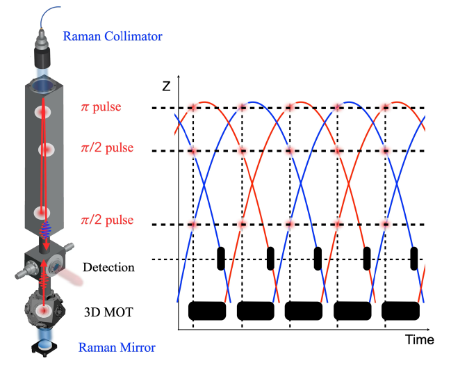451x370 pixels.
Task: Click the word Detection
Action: click(108, 267)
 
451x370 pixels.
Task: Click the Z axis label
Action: click(165, 86)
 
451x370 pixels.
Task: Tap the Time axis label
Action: click(420, 340)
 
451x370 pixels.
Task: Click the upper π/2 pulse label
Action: click(108, 148)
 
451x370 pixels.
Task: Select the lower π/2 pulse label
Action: click(108, 222)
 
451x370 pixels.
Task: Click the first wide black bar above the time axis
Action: click(207, 310)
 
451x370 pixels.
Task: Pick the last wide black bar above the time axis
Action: click(401, 310)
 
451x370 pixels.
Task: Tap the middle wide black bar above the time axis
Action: click(304, 310)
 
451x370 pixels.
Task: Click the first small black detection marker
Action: click(221, 257)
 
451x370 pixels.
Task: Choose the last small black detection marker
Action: click(415, 257)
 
